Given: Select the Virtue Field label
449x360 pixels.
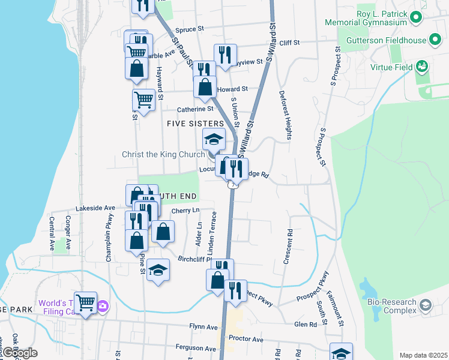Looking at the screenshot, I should (x=391, y=67).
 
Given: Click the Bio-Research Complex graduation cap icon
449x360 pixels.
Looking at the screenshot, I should (x=425, y=305).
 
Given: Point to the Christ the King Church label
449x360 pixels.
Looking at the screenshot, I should (x=163, y=154).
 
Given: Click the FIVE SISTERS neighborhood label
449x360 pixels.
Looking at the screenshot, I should (x=195, y=124).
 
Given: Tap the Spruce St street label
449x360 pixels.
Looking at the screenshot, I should (x=191, y=28).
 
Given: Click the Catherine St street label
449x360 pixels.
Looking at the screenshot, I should (x=195, y=109).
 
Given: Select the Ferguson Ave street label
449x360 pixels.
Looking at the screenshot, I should (x=196, y=348).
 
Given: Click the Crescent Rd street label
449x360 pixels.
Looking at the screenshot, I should (x=289, y=246).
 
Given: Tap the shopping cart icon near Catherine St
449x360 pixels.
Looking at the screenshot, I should (x=144, y=98).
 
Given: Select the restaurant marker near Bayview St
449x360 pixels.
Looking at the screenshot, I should (x=225, y=55).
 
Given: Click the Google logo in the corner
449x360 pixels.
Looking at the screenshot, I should (x=19, y=353).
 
